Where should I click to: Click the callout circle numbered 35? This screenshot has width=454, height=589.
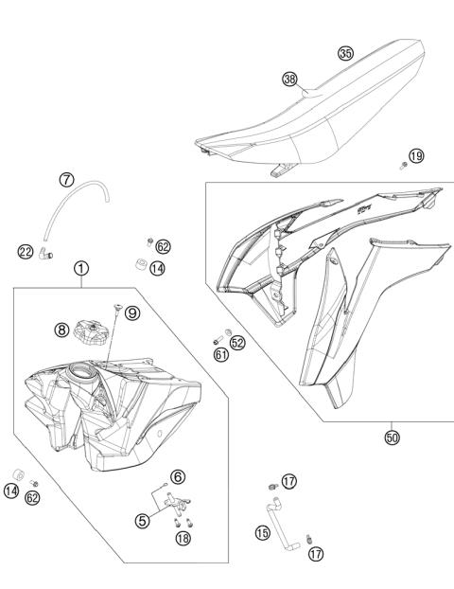[x=346, y=54]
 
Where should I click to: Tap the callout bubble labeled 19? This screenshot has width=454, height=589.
[x=416, y=155]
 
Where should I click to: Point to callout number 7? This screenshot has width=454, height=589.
[x=66, y=179]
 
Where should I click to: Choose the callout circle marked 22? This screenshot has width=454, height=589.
[x=26, y=251]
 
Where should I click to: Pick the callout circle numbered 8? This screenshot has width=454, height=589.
[x=61, y=330]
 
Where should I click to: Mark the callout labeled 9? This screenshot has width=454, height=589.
[x=132, y=313]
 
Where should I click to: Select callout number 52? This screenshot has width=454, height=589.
[x=237, y=342]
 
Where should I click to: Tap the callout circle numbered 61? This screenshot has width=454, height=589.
[x=220, y=355]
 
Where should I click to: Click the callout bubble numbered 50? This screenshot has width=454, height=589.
[x=392, y=437]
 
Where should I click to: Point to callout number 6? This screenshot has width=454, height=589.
[x=177, y=476]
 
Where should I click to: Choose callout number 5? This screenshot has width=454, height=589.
[x=141, y=520]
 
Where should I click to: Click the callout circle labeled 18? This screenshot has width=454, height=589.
[x=183, y=538]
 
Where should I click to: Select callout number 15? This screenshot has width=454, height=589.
[x=262, y=533]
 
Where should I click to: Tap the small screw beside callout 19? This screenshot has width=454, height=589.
[x=404, y=166]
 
